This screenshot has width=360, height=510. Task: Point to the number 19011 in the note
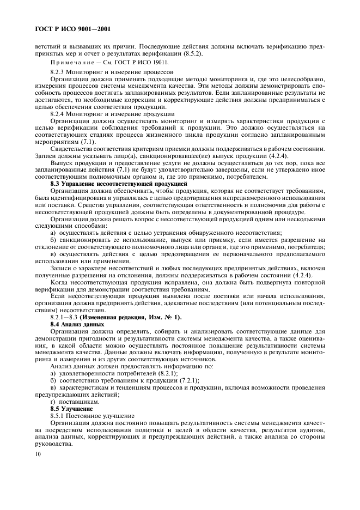point(161,63)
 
